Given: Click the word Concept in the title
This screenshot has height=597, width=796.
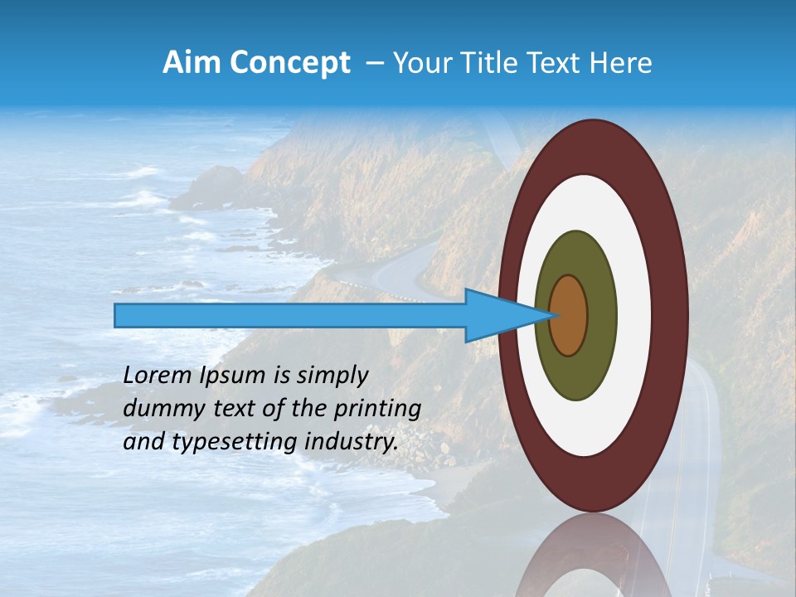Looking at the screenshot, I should pyautogui.click(x=289, y=63).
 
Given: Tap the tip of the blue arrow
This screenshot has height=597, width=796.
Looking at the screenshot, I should pyautogui.click(x=554, y=315).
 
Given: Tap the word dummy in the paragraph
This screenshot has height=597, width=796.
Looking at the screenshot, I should pyautogui.click(x=158, y=409).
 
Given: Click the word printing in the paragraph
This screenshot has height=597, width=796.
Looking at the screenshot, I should pyautogui.click(x=377, y=409).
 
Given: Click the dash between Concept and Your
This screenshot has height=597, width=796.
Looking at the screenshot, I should pyautogui.click(x=374, y=63).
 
